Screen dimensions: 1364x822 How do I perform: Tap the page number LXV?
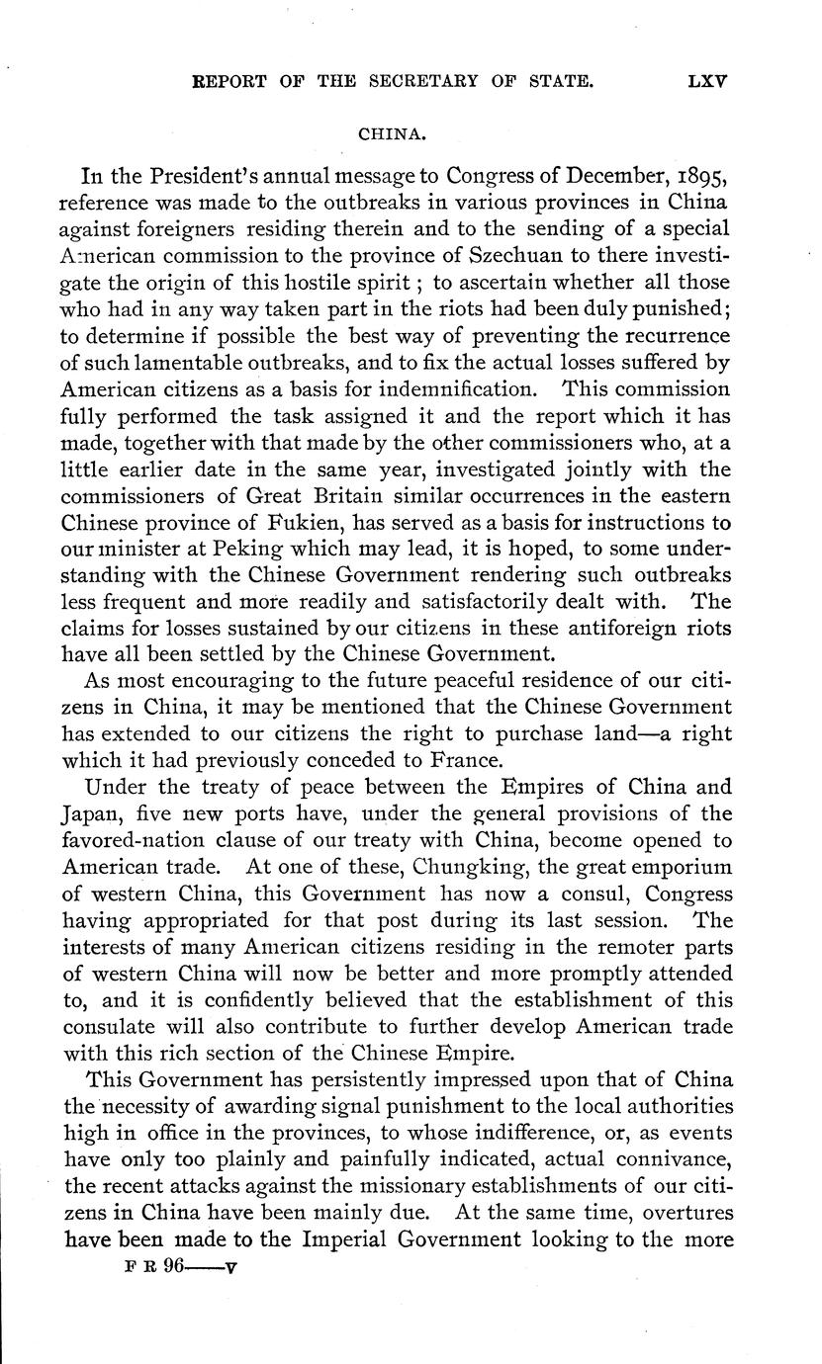click(x=706, y=83)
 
